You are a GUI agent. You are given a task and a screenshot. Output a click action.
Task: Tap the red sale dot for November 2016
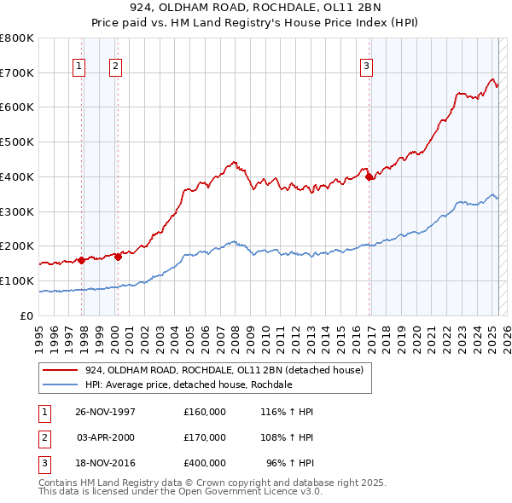[x=369, y=177]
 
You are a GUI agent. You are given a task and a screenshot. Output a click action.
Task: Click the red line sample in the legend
[x=61, y=370]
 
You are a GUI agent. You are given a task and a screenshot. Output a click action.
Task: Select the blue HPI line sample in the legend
[x=61, y=384]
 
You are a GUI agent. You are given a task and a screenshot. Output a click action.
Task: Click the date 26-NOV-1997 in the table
[x=105, y=412]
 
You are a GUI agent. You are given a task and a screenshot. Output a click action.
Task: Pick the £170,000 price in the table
[x=205, y=437]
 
